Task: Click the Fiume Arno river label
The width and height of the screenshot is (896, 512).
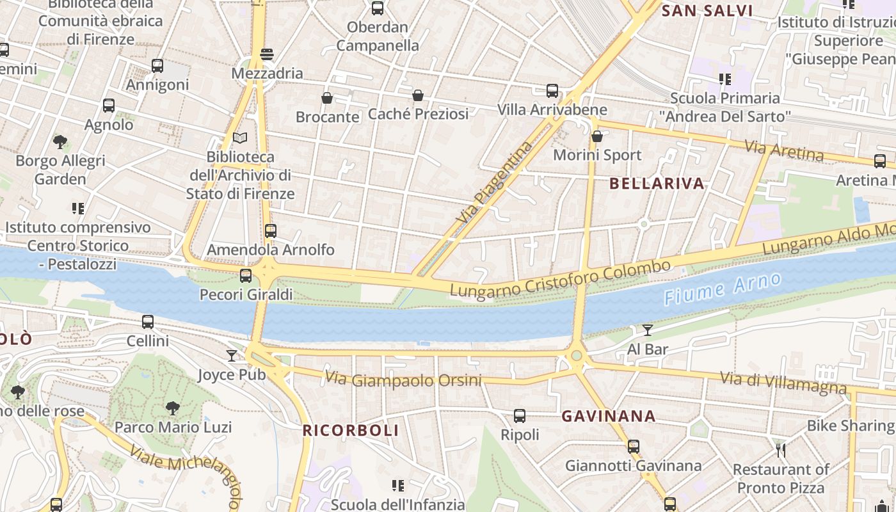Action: click(723, 289)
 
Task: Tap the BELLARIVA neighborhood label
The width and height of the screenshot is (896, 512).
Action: click(657, 184)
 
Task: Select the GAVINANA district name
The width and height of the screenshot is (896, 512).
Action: click(608, 416)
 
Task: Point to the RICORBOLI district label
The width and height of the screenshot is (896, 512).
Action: click(351, 430)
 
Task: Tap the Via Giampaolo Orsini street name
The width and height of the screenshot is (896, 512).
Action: click(403, 380)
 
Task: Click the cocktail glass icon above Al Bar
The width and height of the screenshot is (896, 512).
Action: click(648, 330)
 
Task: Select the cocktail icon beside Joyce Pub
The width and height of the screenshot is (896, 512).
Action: click(232, 356)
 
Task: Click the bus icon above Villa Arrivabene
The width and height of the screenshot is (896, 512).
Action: click(552, 91)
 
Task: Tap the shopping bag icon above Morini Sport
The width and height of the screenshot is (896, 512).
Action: click(597, 136)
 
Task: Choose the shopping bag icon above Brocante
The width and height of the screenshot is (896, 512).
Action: click(327, 98)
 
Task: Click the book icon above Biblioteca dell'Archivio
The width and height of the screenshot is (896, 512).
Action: click(240, 138)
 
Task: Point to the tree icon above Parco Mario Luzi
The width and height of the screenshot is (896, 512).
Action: click(172, 408)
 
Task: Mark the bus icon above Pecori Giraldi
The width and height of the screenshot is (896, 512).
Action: click(246, 276)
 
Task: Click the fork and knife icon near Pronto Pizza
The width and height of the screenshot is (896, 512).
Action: click(780, 451)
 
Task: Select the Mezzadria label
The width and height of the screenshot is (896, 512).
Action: click(267, 73)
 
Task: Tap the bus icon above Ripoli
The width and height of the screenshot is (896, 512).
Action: click(520, 416)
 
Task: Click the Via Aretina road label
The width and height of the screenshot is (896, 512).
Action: click(784, 151)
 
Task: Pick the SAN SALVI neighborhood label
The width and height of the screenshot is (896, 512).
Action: click(707, 11)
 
